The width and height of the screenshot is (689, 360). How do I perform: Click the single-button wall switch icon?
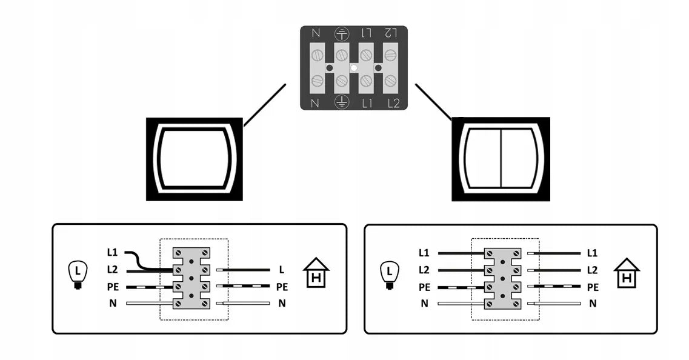pos(195,159)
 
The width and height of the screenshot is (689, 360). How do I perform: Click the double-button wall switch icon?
pos(501,159)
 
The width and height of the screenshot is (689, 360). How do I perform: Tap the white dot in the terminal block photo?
pos(354,68)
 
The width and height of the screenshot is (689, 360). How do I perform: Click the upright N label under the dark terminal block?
pos(315,103)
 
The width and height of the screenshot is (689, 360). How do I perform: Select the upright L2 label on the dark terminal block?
pos(394,103)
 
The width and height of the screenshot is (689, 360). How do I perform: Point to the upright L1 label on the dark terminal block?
pos(367,103)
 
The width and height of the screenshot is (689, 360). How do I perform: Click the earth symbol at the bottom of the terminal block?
pos(342,102)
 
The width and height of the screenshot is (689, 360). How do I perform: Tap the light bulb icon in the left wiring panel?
pos(78,275)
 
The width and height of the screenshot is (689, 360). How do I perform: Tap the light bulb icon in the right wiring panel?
pos(389,275)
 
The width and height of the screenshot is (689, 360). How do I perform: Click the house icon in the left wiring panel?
pos(316,273)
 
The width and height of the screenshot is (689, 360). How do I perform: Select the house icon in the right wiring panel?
pos(627,273)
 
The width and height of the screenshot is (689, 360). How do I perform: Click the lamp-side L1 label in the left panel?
pos(113,253)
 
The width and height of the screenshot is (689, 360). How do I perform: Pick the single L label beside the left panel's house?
pos(282,270)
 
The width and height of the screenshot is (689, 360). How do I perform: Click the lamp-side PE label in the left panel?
pos(113,287)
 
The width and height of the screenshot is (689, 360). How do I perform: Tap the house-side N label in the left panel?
pos(282,303)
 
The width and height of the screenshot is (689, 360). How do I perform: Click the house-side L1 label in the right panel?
pos(592,253)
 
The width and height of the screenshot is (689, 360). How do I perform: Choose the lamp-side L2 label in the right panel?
pos(424,270)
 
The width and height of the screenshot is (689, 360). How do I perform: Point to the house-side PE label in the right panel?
pos(593,287)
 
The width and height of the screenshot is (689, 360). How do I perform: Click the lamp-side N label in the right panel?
pos(424,303)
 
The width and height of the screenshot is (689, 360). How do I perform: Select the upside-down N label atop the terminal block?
pos(316,33)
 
